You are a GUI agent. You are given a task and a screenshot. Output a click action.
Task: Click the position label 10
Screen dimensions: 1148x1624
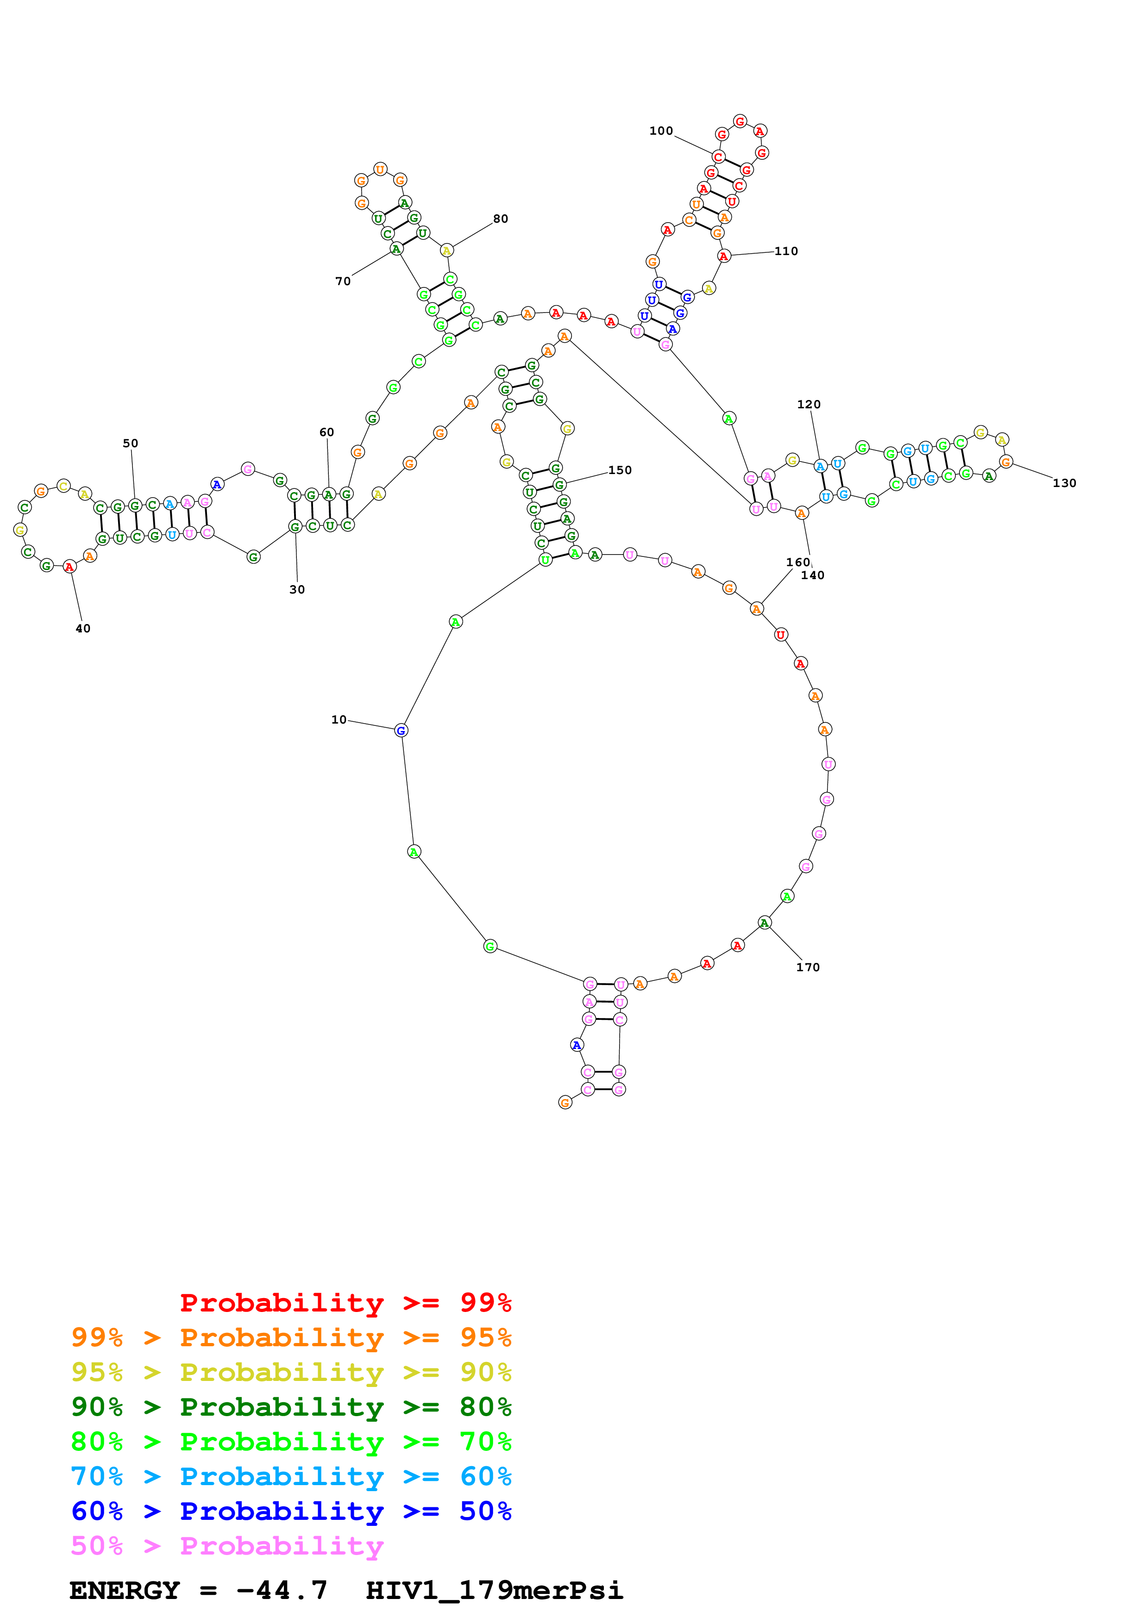(339, 719)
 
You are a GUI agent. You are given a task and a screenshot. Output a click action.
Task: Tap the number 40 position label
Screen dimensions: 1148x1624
(83, 628)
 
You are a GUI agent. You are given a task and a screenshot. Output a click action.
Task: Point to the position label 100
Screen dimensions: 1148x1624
(661, 131)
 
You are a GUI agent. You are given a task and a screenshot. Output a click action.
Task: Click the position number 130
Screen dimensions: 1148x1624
(1065, 483)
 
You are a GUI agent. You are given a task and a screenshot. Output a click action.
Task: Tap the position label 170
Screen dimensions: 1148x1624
(808, 967)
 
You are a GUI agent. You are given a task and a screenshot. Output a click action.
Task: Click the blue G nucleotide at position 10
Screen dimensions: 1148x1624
(401, 731)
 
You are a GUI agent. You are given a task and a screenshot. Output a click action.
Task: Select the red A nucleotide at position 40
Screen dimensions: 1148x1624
(69, 567)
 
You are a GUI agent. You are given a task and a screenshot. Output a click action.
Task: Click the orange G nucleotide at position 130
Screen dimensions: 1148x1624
(1006, 462)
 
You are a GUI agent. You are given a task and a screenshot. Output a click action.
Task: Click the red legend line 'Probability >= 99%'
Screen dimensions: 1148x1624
(345, 1302)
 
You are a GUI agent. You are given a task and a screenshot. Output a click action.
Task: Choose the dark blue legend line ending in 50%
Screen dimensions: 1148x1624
(291, 1511)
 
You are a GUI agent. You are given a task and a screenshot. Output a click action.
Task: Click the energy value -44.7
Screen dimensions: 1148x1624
(282, 1590)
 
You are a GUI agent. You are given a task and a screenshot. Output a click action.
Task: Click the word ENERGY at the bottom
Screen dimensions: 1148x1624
(125, 1590)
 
